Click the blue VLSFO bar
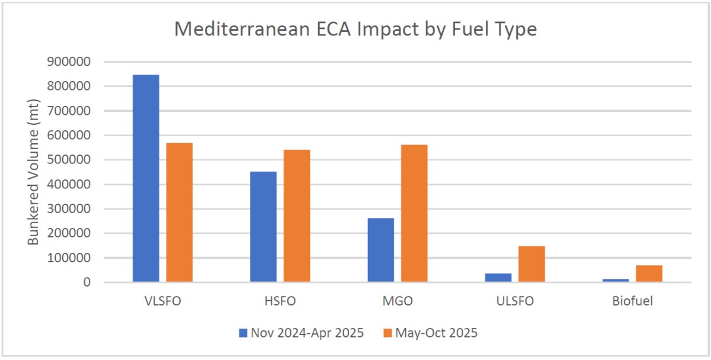(146, 178)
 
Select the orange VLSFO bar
(179, 213)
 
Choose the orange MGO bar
(414, 213)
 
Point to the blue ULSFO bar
(498, 277)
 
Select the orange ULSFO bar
(531, 264)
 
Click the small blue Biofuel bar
(616, 280)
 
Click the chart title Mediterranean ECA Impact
(355, 29)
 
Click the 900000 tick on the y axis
(71, 62)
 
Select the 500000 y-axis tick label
(71, 160)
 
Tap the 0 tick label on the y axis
(86, 282)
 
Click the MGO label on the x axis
(397, 301)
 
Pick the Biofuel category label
(632, 301)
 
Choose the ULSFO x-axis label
(514, 301)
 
